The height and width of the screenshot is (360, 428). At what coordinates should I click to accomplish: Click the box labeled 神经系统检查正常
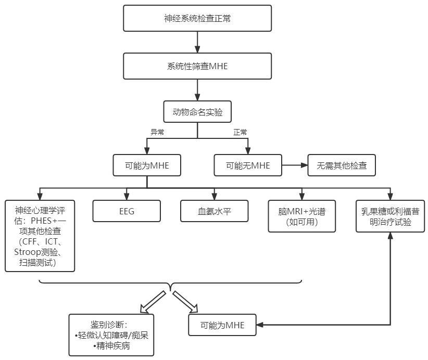197,18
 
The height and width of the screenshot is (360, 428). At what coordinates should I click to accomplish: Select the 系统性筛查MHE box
197,66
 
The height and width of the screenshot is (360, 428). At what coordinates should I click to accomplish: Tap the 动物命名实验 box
197,112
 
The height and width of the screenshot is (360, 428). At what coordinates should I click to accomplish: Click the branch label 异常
157,132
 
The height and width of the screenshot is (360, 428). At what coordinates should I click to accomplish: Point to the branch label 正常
240,132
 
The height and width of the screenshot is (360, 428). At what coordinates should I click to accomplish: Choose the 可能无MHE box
248,165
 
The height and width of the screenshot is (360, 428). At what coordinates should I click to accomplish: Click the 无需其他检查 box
341,165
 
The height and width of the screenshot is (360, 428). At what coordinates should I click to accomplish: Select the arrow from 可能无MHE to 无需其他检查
294,165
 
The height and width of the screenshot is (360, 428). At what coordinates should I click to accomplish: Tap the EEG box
125,211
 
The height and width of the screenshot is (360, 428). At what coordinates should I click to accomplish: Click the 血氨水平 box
214,211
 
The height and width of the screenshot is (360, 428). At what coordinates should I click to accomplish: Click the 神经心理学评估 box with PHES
40,236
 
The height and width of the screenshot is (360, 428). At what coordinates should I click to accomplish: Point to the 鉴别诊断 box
111,335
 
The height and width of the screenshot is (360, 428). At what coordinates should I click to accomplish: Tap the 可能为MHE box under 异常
147,165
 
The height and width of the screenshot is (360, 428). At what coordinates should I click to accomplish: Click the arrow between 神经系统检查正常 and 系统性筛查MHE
197,42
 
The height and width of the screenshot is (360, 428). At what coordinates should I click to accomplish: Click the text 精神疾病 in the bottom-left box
111,346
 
